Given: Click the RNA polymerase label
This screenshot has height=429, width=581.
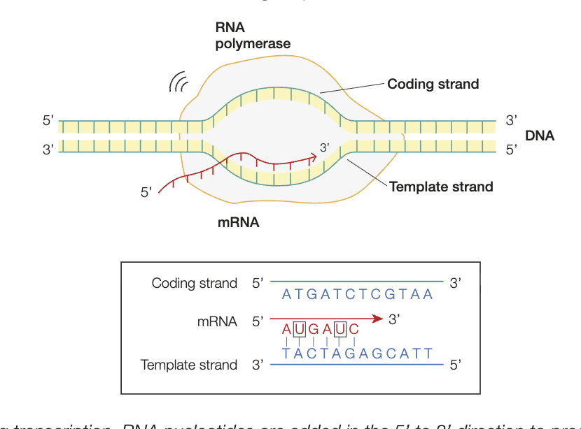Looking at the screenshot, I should coord(253,36).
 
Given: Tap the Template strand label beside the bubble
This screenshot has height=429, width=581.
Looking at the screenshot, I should coord(441,187).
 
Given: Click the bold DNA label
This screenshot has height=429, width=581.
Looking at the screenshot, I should coord(539,136).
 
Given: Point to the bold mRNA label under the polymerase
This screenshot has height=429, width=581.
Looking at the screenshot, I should coord(238,223).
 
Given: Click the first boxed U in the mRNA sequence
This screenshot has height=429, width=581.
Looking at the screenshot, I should coord(299,329).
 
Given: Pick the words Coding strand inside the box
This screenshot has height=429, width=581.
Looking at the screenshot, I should coord(195,283).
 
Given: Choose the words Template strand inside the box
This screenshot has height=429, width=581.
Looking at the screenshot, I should coord(189,365).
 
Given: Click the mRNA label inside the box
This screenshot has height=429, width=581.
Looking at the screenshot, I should coord(218,321).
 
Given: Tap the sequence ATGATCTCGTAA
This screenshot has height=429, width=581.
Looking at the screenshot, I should coord(357,294).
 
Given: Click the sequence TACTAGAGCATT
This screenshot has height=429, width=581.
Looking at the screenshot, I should coord(357,354).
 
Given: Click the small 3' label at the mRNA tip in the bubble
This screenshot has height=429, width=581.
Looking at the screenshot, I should coord(324,147).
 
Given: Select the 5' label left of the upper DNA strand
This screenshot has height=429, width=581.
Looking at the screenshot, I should coord(48,121).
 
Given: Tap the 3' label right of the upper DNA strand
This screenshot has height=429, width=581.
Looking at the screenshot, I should coord(511,121).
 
